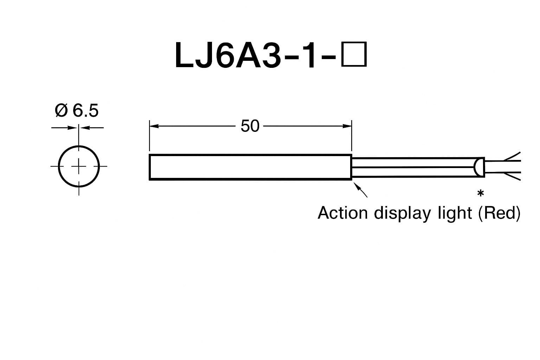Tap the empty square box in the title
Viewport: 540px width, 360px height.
pyautogui.click(x=354, y=54)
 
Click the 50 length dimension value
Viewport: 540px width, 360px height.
pyautogui.click(x=250, y=126)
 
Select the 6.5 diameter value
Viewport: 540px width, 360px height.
pyautogui.click(x=85, y=111)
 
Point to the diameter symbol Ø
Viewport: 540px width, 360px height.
pyautogui.click(x=61, y=111)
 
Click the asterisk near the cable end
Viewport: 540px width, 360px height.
pyautogui.click(x=480, y=194)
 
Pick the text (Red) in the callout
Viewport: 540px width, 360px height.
pyautogui.click(x=499, y=213)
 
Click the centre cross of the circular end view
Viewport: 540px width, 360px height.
pyautogui.click(x=79, y=166)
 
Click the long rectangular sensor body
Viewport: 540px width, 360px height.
pyautogui.click(x=250, y=167)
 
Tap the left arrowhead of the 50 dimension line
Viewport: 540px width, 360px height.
pyautogui.click(x=153, y=126)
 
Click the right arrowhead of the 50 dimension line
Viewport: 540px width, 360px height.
pyautogui.click(x=348, y=126)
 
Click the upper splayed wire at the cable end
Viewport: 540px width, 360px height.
pyautogui.click(x=512, y=157)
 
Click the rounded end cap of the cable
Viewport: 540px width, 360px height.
pyautogui.click(x=478, y=167)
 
